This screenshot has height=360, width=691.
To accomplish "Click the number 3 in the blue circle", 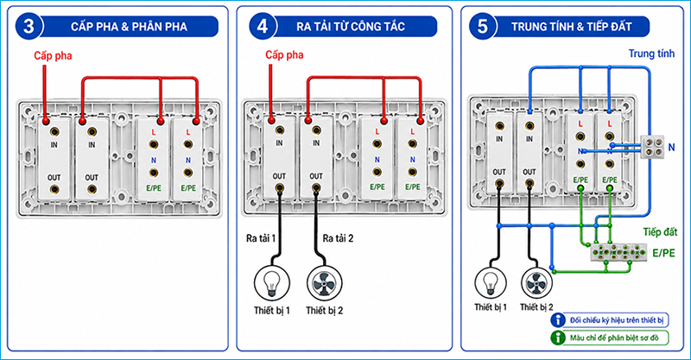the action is [29, 27].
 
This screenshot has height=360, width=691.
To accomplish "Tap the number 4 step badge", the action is [263, 27].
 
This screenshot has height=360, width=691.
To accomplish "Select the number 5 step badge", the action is [483, 27].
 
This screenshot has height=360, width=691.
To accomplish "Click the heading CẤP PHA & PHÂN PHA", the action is [129, 27].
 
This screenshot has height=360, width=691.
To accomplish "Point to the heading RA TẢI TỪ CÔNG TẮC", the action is [351, 27].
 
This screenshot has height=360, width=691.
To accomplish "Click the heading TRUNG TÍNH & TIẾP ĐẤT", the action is [572, 27].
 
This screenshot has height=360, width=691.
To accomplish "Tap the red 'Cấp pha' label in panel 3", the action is [53, 56].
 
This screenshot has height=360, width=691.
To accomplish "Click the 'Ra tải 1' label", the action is [261, 238].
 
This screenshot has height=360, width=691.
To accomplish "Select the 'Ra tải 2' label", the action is [338, 238].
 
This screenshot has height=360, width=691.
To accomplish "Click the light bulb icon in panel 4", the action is [272, 283].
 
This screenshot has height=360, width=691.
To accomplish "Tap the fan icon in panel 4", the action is [325, 283].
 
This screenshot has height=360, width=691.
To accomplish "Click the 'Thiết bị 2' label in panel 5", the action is [536, 306].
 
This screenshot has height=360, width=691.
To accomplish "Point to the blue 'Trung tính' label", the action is [651, 54].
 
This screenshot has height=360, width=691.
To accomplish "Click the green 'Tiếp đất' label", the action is [660, 231].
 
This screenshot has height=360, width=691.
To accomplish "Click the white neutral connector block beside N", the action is [652, 147].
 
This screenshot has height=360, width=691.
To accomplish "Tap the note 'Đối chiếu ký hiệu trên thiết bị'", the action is [617, 320].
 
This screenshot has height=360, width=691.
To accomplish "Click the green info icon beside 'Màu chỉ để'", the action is [557, 338].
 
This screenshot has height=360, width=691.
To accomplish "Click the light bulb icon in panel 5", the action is [491, 283].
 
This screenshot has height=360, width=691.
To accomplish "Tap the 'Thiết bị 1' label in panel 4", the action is [272, 311].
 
